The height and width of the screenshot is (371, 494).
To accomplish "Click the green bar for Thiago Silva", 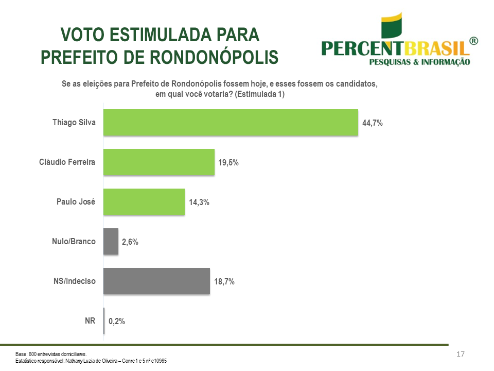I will pyautogui.click(x=231, y=123).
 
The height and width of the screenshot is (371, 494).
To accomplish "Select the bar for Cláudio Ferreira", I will pyautogui.click(x=158, y=162).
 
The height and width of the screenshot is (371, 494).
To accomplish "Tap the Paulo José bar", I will pyautogui.click(x=144, y=202).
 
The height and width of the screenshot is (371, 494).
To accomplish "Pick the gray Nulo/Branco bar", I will pyautogui.click(x=111, y=242).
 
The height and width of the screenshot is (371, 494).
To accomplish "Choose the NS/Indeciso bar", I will pyautogui.click(x=156, y=281).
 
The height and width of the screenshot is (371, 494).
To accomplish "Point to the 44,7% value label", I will pyautogui.click(x=373, y=123).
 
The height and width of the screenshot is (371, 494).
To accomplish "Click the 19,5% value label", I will pyautogui.click(x=228, y=163).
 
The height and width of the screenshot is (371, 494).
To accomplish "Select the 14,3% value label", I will pyautogui.click(x=199, y=203).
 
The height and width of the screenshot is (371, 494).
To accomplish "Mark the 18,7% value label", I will pyautogui.click(x=224, y=282).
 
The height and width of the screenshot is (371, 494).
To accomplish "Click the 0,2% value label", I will pyautogui.click(x=117, y=322).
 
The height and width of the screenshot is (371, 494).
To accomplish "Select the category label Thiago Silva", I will pyautogui.click(x=74, y=123).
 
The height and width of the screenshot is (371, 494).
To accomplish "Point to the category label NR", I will pyautogui.click(x=90, y=321).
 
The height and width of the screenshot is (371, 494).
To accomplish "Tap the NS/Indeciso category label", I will pyautogui.click(x=75, y=281).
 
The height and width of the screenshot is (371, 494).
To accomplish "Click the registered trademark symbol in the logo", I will pyautogui.click(x=473, y=41).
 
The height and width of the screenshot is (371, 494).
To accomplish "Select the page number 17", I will pyautogui.click(x=461, y=354).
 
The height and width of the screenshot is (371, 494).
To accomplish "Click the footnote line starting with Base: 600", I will pyautogui.click(x=51, y=354).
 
